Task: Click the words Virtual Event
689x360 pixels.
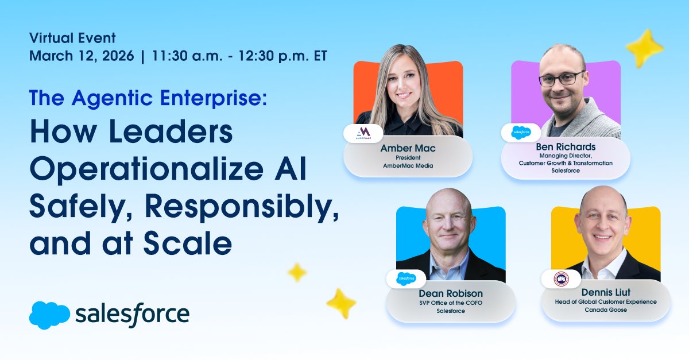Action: pyautogui.click(x=72, y=38)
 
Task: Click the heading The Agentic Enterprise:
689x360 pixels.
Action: pyautogui.click(x=148, y=99)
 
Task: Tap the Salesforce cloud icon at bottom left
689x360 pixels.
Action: pyautogui.click(x=49, y=315)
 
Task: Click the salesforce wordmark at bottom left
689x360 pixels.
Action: pyautogui.click(x=132, y=314)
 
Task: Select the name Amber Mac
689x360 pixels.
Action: pyautogui.click(x=408, y=149)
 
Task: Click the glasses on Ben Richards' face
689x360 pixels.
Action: pyautogui.click(x=562, y=79)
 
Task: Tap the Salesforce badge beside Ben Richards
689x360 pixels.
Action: pyautogui.click(x=521, y=133)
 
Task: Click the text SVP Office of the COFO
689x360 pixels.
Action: pyautogui.click(x=450, y=302)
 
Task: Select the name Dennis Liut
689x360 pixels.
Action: pyautogui.click(x=605, y=292)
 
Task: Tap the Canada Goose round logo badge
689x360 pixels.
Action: pyautogui.click(x=560, y=279)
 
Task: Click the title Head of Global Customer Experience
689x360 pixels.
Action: pyautogui.click(x=605, y=302)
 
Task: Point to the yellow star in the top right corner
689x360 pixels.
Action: pyautogui.click(x=644, y=48)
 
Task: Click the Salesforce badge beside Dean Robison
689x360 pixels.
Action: pyautogui.click(x=405, y=278)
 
